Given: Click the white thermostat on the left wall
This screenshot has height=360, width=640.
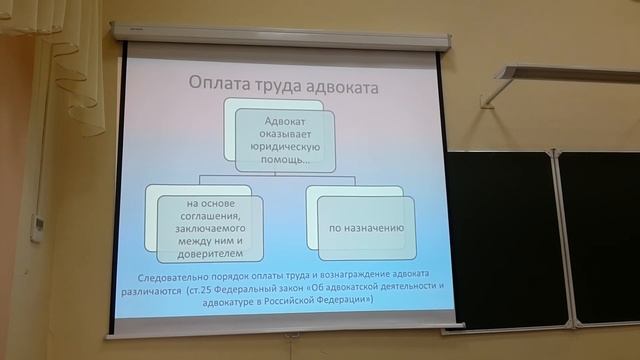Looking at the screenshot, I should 37,227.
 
